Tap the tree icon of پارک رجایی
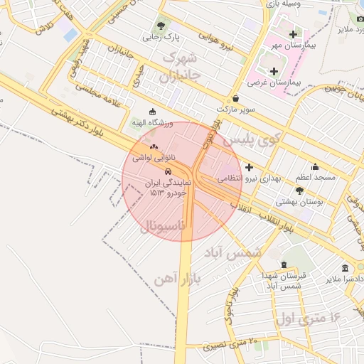162,26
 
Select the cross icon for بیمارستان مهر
293,34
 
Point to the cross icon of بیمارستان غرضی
275,71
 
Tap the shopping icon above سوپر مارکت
236,98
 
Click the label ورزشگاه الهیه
152,122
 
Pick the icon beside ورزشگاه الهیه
152,112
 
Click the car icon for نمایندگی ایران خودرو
168,172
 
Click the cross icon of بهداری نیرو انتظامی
248,167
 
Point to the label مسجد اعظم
310,176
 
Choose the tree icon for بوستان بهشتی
299,191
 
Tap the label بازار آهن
177,277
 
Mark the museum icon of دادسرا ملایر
346,269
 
